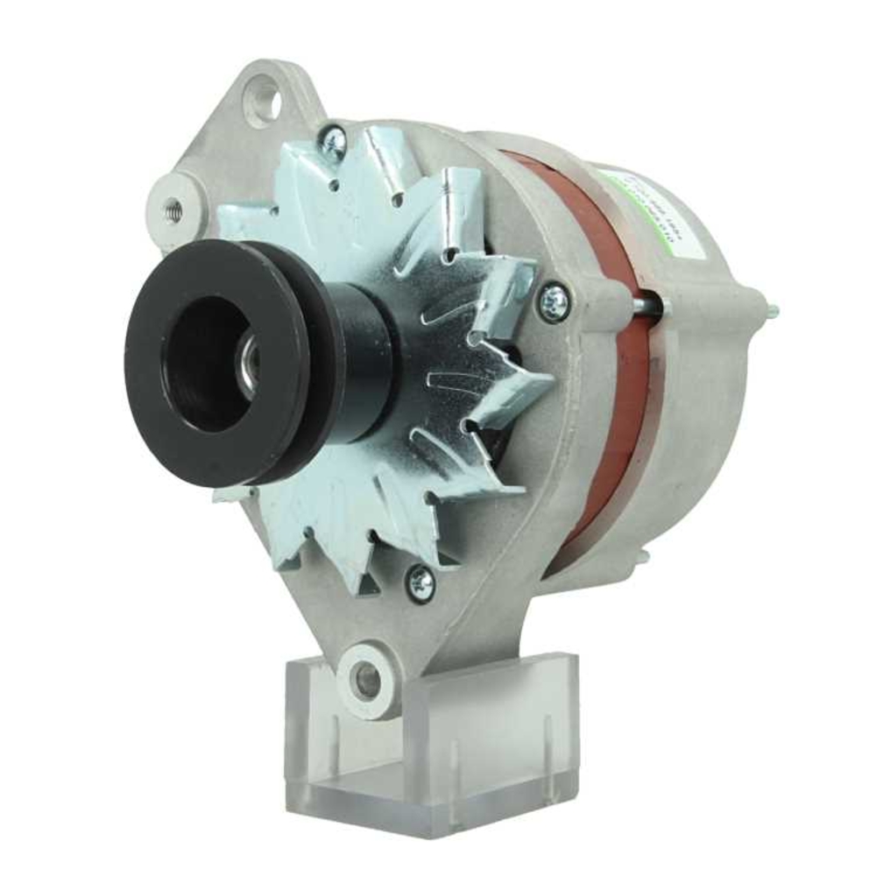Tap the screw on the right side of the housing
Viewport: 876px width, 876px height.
point(554,302)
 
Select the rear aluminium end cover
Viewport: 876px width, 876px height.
point(701,350)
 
